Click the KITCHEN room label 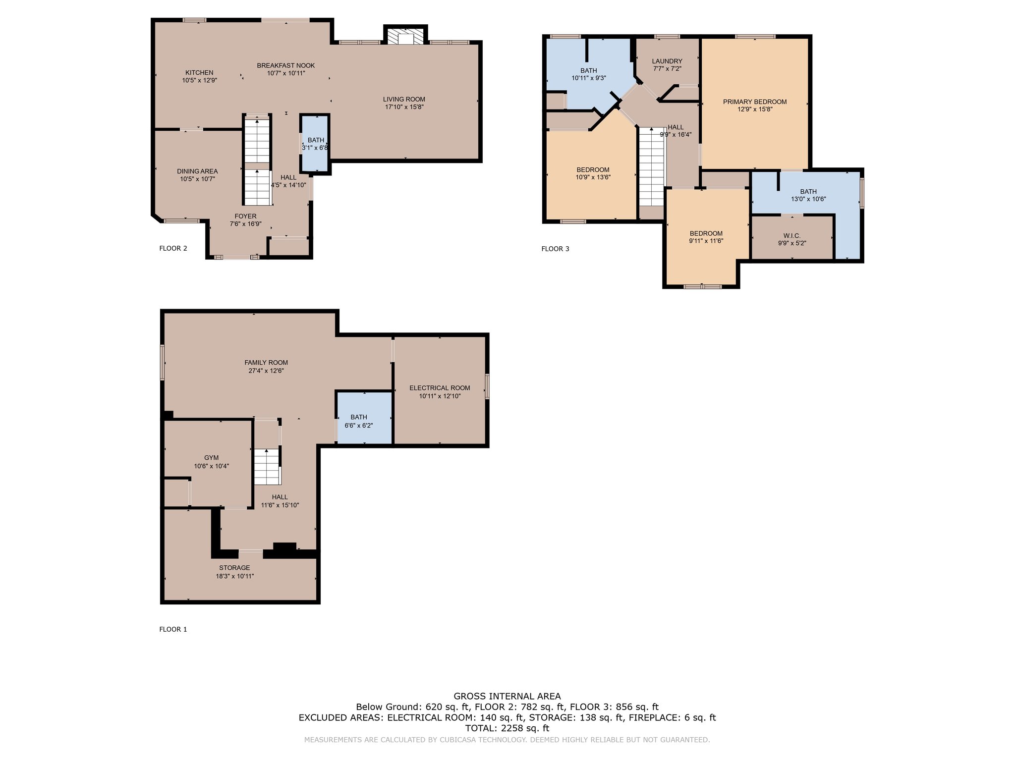click(x=199, y=72)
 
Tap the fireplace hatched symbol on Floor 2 click(x=406, y=37)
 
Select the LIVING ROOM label click(x=404, y=99)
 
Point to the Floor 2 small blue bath click(x=315, y=144)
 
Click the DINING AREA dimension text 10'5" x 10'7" click(x=197, y=179)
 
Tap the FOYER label click(x=245, y=216)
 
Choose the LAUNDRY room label click(x=667, y=61)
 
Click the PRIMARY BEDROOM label click(x=755, y=102)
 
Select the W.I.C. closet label click(x=792, y=236)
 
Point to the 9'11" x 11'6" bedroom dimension click(x=706, y=241)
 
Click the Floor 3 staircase click(x=652, y=166)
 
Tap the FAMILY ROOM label click(x=266, y=363)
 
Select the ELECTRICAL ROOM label click(x=440, y=388)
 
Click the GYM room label click(x=211, y=458)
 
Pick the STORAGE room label click(x=234, y=568)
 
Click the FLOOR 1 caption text click(x=173, y=629)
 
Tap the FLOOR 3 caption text click(x=555, y=249)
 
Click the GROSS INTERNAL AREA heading click(x=507, y=696)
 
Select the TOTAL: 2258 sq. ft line click(x=507, y=728)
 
